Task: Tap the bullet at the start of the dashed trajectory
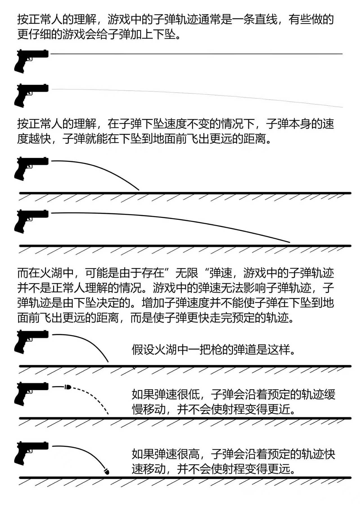click(67, 387)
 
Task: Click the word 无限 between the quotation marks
click(187, 273)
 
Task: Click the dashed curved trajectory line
click(93, 396)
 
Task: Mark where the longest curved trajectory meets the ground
click(290, 243)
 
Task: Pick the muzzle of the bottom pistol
click(47, 446)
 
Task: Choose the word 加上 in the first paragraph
click(142, 35)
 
